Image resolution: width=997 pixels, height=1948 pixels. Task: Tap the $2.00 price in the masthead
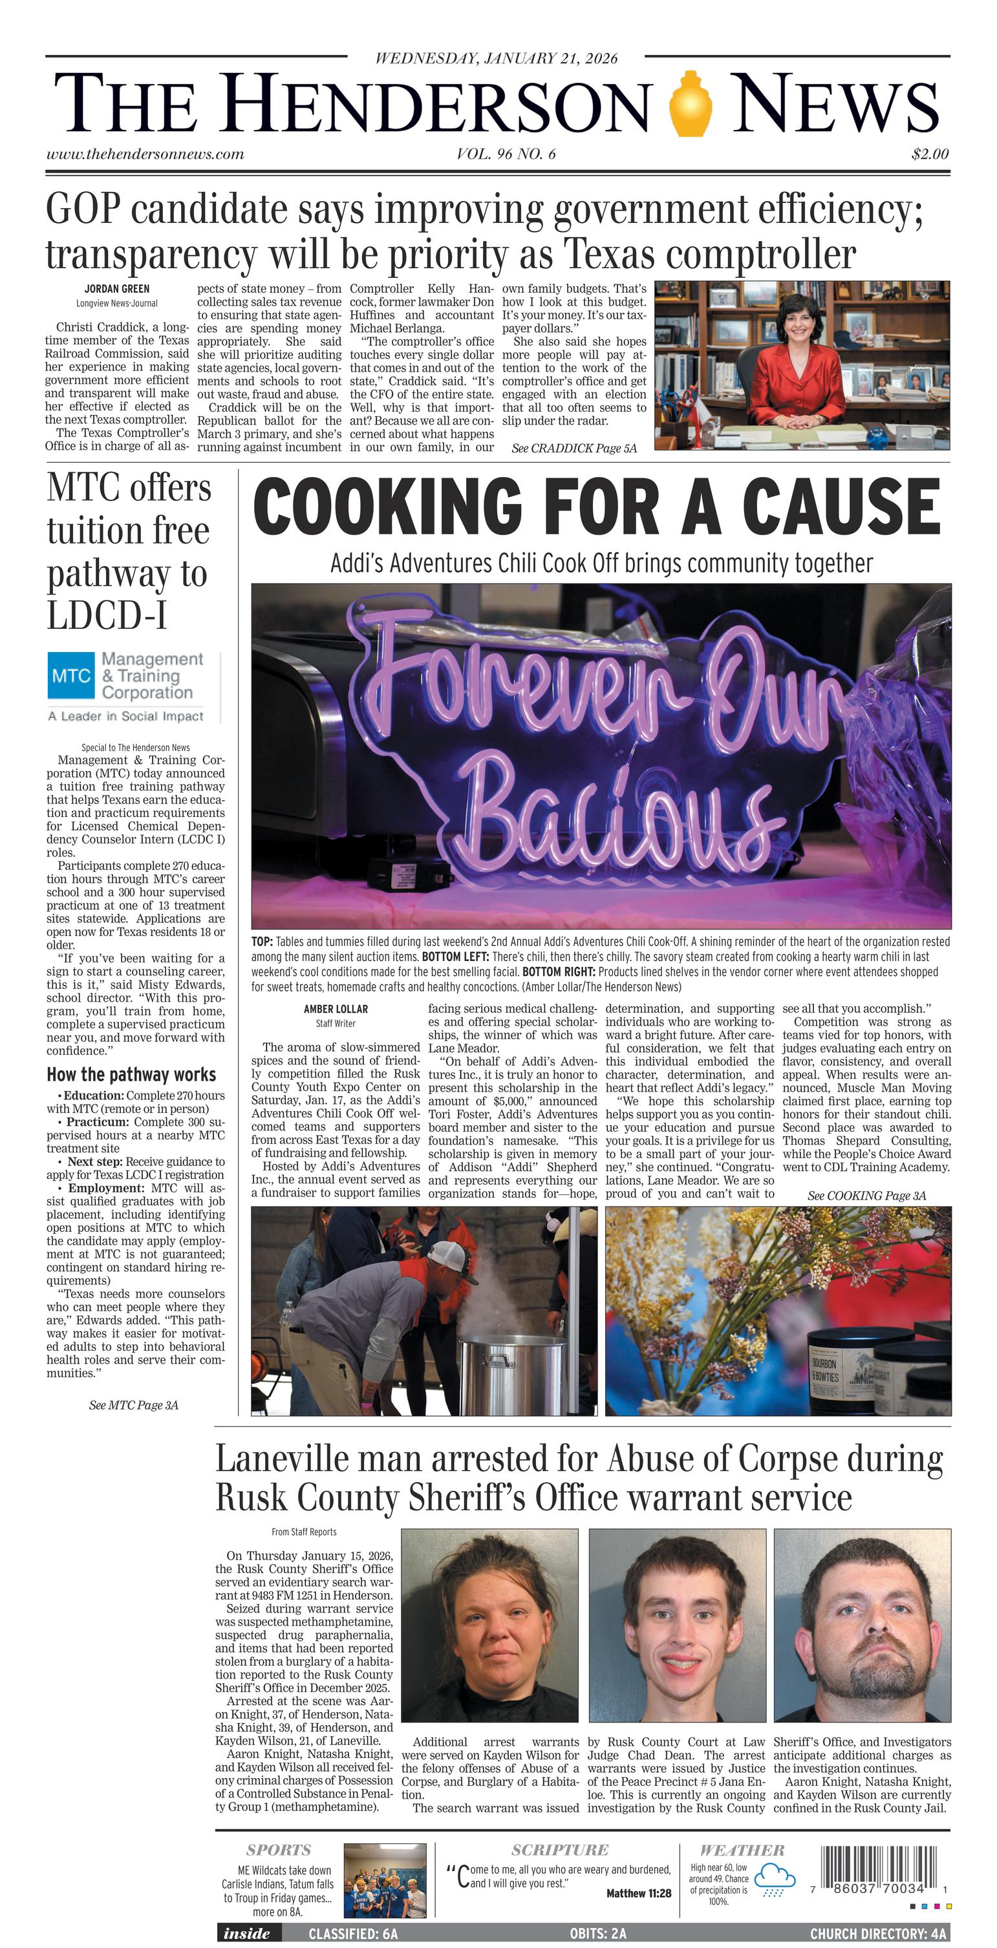(x=930, y=154)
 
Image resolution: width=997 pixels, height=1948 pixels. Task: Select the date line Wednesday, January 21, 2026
(x=496, y=58)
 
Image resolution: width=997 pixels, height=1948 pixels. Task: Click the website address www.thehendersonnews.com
(x=145, y=154)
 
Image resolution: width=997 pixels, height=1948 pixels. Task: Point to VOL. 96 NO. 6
(x=506, y=154)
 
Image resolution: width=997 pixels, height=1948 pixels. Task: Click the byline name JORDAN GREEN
(x=116, y=289)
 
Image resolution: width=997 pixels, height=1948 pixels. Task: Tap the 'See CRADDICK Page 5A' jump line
(x=574, y=449)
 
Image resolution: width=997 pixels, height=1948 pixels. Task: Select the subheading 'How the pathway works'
(x=131, y=1075)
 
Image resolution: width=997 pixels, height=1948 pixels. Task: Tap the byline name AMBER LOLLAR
(x=335, y=1009)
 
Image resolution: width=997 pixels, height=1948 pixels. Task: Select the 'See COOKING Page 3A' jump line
(x=866, y=1196)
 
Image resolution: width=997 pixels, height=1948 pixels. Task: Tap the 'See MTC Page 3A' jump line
(x=133, y=1405)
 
